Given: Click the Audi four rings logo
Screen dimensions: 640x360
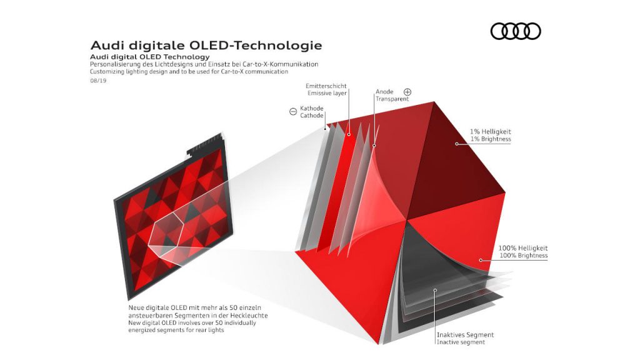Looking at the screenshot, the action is point(516,31).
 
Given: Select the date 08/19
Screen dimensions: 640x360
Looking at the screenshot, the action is point(98,81).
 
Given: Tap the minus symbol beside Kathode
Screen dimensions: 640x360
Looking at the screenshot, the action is point(293,111).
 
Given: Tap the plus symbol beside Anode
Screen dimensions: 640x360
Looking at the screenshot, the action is point(407,92).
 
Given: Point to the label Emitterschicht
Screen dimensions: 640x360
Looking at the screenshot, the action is point(326,86).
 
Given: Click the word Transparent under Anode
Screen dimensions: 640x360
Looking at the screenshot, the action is point(392,99).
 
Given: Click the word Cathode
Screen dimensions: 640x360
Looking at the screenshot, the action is point(312,116).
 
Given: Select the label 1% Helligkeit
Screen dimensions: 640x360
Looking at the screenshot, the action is point(490,131).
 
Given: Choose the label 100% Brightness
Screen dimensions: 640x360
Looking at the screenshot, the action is point(524,256).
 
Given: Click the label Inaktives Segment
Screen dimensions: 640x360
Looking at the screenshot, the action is point(465,335).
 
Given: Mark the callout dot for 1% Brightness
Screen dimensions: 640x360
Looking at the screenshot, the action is point(457,144).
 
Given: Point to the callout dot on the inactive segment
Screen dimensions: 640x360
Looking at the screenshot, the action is point(435,290).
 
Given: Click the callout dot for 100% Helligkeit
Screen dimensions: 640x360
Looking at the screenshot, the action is point(481,260).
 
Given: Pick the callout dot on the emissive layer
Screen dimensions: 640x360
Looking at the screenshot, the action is point(349,134).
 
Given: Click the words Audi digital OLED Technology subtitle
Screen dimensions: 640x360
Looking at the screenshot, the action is point(150,57).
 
